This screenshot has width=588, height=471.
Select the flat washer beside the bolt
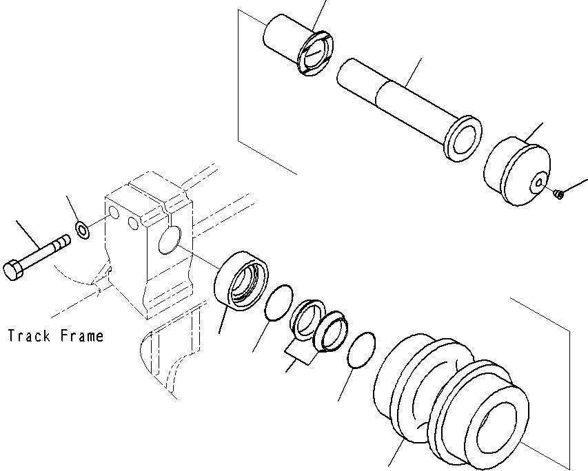tap(82, 230)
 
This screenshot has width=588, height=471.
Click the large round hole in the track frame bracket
tap(168, 240)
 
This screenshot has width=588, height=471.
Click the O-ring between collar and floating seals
tap(276, 304)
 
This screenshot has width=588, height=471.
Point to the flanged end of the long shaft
tap(463, 138)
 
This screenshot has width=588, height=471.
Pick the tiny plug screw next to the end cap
tap(560, 196)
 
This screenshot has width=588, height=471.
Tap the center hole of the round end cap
tap(536, 183)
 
